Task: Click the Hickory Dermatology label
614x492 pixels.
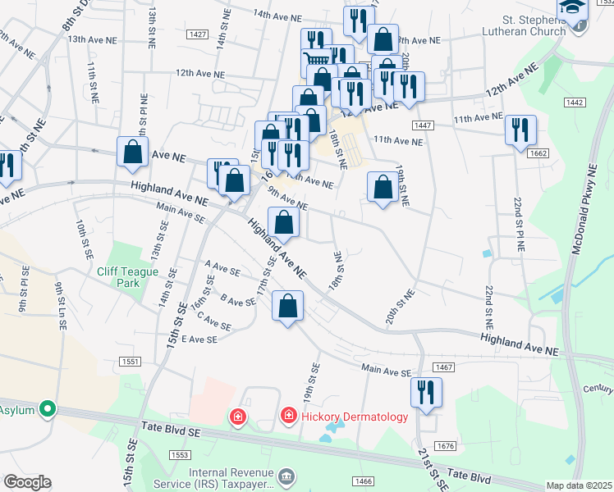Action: [354, 417]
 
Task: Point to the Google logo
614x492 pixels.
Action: [27, 482]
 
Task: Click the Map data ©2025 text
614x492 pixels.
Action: [580, 485]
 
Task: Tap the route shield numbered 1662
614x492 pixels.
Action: [538, 153]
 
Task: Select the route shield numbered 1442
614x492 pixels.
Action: [574, 102]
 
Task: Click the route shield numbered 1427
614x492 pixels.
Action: [196, 34]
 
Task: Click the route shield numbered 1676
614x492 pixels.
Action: [446, 446]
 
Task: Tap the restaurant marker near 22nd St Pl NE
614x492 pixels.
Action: [520, 130]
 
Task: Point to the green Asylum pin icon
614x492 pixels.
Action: [48, 408]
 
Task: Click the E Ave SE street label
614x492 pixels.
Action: [199, 339]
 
